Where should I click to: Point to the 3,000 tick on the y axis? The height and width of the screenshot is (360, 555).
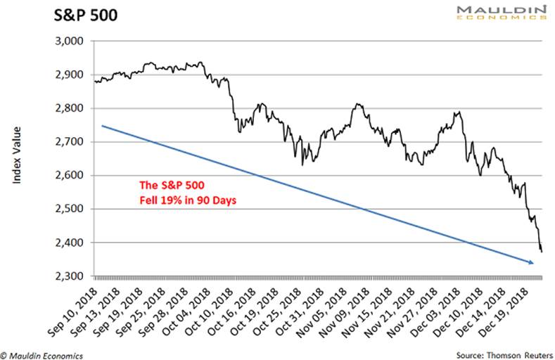click(69, 41)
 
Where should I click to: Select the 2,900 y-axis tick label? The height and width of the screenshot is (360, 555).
click(69, 75)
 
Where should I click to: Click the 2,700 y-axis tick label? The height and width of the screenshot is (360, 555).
click(69, 142)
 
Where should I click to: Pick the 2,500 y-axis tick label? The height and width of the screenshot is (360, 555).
click(69, 210)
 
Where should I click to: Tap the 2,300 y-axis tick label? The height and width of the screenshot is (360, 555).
click(69, 276)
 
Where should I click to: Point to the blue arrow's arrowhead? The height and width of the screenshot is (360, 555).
click(531, 263)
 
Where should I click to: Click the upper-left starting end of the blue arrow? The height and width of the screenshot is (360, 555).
click(103, 126)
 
